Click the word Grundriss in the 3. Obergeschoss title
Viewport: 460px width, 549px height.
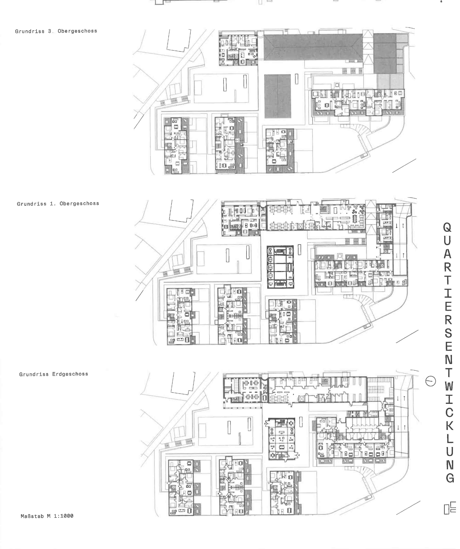(30, 31)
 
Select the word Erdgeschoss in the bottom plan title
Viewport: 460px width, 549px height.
(70, 374)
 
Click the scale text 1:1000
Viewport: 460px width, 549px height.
(64, 516)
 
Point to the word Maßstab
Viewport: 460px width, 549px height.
(32, 516)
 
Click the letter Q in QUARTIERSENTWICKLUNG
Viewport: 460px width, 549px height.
(447, 227)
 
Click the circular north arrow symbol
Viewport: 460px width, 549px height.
(430, 381)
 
